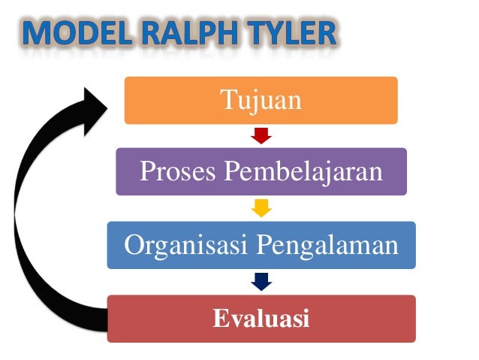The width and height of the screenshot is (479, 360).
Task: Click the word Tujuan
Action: [261, 98]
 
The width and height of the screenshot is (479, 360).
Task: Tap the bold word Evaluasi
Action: [261, 319]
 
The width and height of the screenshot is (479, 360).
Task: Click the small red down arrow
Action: [261, 136]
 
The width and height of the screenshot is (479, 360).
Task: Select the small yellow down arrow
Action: [261, 209]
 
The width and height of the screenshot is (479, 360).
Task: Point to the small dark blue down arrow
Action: [261, 282]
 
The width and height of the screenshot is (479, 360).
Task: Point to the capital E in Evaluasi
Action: [219, 319]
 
